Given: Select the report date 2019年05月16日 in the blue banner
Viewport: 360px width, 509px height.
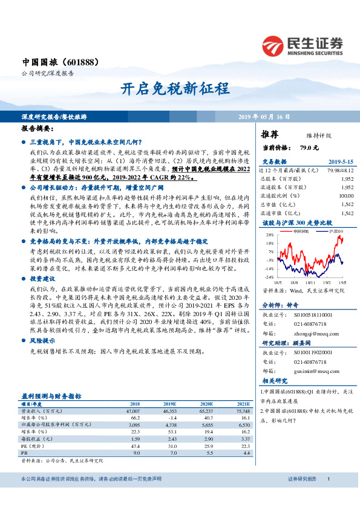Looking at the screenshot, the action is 263,117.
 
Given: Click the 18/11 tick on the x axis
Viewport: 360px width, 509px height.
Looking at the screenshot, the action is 310,281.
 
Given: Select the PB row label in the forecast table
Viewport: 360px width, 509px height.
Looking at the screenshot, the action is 24,451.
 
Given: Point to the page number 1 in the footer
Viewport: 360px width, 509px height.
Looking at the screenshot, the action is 327,496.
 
